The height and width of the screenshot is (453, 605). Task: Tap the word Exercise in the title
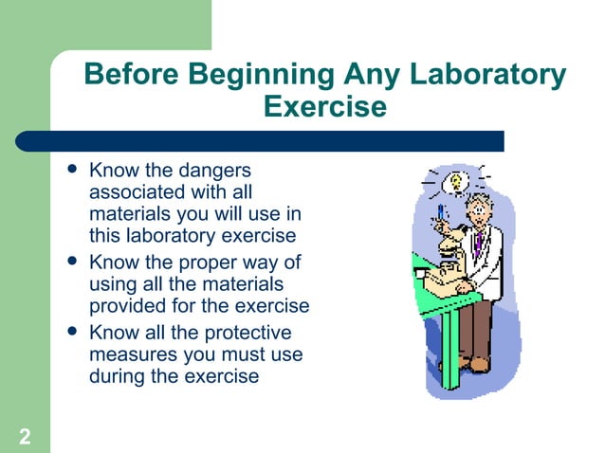(x=324, y=106)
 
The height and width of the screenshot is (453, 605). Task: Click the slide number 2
(x=24, y=437)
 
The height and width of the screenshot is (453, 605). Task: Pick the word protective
(x=245, y=333)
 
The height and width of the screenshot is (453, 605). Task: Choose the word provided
(x=126, y=305)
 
